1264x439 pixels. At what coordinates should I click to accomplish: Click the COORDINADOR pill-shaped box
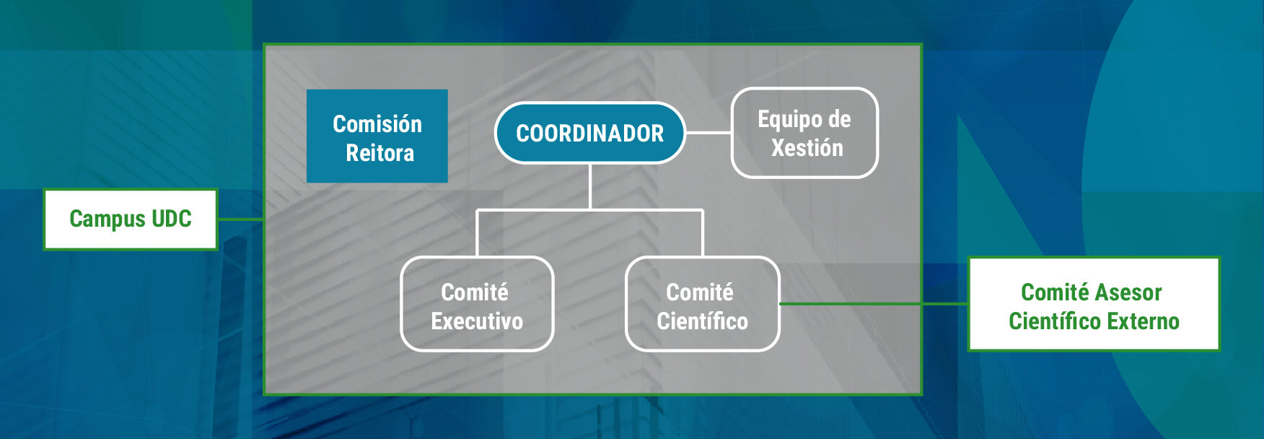(589, 133)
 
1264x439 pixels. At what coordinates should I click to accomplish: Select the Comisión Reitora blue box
(377, 136)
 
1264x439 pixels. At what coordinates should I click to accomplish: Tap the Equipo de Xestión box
(804, 133)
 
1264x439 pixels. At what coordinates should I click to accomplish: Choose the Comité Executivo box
(477, 305)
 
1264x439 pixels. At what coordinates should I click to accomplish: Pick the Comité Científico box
(702, 305)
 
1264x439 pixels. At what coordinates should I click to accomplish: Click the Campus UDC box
(131, 219)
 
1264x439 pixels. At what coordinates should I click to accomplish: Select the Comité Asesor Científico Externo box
(1093, 305)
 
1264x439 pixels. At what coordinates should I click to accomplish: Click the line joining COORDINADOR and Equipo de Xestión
(708, 133)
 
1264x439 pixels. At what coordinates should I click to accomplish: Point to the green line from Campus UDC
(240, 219)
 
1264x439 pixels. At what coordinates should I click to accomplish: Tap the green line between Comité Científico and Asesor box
(873, 304)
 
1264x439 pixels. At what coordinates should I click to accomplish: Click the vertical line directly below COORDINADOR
(590, 186)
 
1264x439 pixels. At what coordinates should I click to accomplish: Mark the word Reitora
(379, 153)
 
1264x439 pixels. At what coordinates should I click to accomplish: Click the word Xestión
(807, 148)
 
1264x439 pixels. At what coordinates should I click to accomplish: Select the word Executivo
(477, 321)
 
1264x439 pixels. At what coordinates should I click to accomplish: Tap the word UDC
(171, 219)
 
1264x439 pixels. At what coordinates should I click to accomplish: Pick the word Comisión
(377, 124)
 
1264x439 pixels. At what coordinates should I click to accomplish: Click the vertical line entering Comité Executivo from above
(477, 232)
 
